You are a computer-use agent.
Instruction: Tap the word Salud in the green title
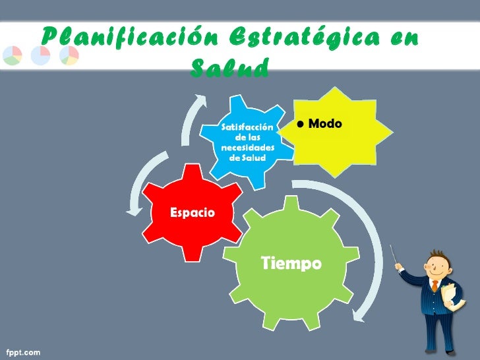(x=229, y=67)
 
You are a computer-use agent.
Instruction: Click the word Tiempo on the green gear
(x=291, y=264)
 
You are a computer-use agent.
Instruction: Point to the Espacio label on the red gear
(x=192, y=213)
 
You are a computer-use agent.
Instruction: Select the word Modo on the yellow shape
(x=325, y=124)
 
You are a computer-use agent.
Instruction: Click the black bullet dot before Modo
(x=301, y=125)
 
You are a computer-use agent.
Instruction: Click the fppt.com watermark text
(x=24, y=353)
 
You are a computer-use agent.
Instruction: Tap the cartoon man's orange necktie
(x=435, y=286)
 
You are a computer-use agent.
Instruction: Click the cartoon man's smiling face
(x=437, y=268)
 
